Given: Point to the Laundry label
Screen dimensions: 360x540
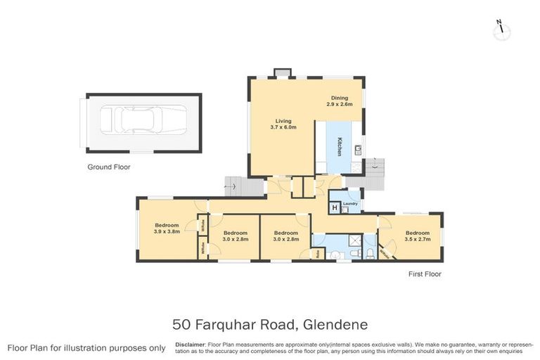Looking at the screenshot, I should (351, 204).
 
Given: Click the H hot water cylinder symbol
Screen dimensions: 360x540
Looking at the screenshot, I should (335, 207).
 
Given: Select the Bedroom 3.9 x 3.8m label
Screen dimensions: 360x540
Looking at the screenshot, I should (167, 228).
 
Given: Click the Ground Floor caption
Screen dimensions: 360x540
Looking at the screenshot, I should (108, 167).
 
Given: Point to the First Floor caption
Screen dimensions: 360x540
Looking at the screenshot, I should (424, 274).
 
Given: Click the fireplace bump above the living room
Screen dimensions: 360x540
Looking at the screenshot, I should (282, 72).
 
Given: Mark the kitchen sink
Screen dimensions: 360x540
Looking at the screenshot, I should (357, 149).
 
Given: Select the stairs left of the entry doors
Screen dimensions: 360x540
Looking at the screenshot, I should (233, 186).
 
